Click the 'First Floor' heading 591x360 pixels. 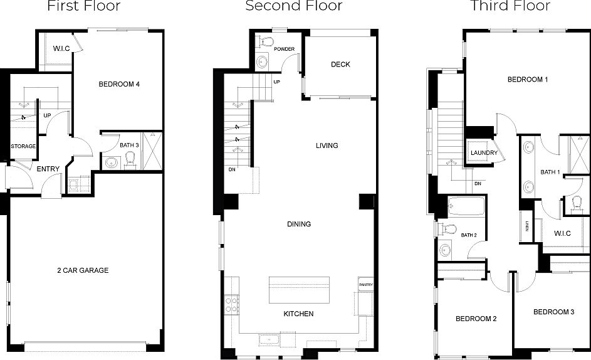pyautogui.click(x=84, y=6)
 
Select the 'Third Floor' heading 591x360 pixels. pyautogui.click(x=510, y=6)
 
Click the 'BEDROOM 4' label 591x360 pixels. pyautogui.click(x=119, y=84)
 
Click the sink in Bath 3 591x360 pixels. pyautogui.click(x=111, y=163)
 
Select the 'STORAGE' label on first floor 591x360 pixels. pyautogui.click(x=23, y=146)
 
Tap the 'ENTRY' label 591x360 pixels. pyautogui.click(x=48, y=169)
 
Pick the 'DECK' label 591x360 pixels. pyautogui.click(x=340, y=65)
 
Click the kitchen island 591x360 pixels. pyautogui.click(x=299, y=290)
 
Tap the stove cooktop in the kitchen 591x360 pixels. pyautogui.click(x=231, y=305)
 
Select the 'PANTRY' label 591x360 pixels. pyautogui.click(x=366, y=285)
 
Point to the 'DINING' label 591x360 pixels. pyautogui.click(x=299, y=224)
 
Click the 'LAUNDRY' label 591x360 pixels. pyautogui.click(x=484, y=153)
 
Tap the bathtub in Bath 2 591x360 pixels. pyautogui.click(x=467, y=206)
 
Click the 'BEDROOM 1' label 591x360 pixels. pyautogui.click(x=528, y=80)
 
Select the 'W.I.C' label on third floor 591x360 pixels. pyautogui.click(x=562, y=234)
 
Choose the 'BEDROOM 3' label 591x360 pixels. pyautogui.click(x=553, y=312)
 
